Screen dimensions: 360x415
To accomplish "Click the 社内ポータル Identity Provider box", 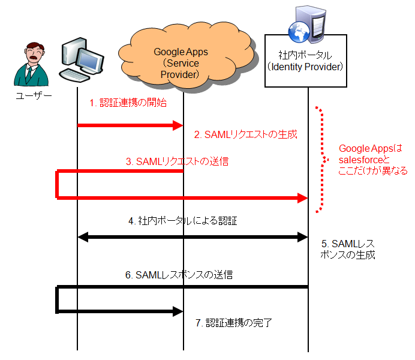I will pos(306,61).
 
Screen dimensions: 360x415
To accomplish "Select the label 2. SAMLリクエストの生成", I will pos(245,134).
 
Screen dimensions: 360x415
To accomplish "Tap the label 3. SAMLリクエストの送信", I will pos(177,161).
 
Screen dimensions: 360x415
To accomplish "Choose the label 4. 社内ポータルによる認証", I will pos(182,221).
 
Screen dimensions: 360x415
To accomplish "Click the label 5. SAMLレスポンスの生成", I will pos(348,249).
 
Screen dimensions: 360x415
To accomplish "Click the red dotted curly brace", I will pos(322,160).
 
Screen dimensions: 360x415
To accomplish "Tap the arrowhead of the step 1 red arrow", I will pos(178,125).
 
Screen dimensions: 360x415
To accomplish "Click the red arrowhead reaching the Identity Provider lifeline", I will pos(303,197).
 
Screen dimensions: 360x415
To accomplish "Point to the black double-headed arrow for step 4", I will pos(193,237).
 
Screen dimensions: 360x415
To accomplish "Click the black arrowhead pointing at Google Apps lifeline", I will pos(178,311).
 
